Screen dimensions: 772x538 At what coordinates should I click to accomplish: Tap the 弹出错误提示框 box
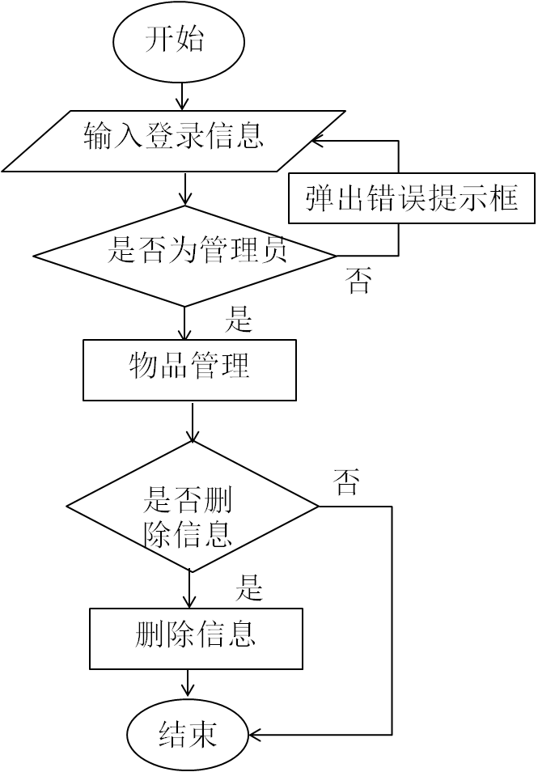coord(412,197)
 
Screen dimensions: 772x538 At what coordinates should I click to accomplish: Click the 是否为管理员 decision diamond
coord(184,255)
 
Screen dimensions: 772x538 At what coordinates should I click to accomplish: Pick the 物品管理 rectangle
coord(189,370)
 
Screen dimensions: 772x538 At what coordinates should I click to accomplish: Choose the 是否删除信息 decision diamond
coord(192,507)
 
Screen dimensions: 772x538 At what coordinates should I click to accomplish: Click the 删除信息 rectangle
coord(196,638)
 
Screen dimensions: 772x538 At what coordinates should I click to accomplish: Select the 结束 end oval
coord(187,735)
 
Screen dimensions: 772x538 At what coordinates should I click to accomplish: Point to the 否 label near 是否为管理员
coord(358,282)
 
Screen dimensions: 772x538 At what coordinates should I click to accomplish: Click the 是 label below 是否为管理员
coord(239,320)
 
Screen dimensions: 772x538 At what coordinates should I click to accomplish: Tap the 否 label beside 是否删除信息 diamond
coord(346,484)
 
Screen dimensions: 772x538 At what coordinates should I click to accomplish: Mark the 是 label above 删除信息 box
coord(250,587)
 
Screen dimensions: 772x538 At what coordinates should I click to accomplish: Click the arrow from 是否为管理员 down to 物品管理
coord(185,323)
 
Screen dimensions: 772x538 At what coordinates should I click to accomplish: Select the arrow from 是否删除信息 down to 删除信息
coord(190,590)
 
